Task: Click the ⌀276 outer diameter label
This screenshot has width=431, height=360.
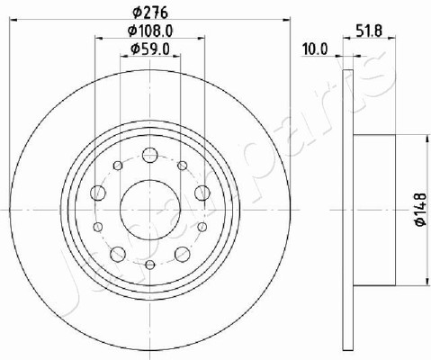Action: coord(149,13)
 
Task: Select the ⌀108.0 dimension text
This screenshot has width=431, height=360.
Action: coord(150,31)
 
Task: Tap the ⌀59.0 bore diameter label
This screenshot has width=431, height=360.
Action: coord(150,49)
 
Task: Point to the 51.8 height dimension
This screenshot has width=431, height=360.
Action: coord(369,31)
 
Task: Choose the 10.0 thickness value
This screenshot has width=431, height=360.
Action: coord(315,49)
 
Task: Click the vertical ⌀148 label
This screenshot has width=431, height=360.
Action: coord(420,210)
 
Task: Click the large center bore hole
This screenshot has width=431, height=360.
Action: coord(150,210)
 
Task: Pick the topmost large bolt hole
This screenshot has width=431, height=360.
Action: coord(150,155)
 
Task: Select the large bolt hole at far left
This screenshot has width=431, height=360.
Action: coord(98,193)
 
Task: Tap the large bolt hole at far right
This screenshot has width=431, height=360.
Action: coord(202,193)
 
